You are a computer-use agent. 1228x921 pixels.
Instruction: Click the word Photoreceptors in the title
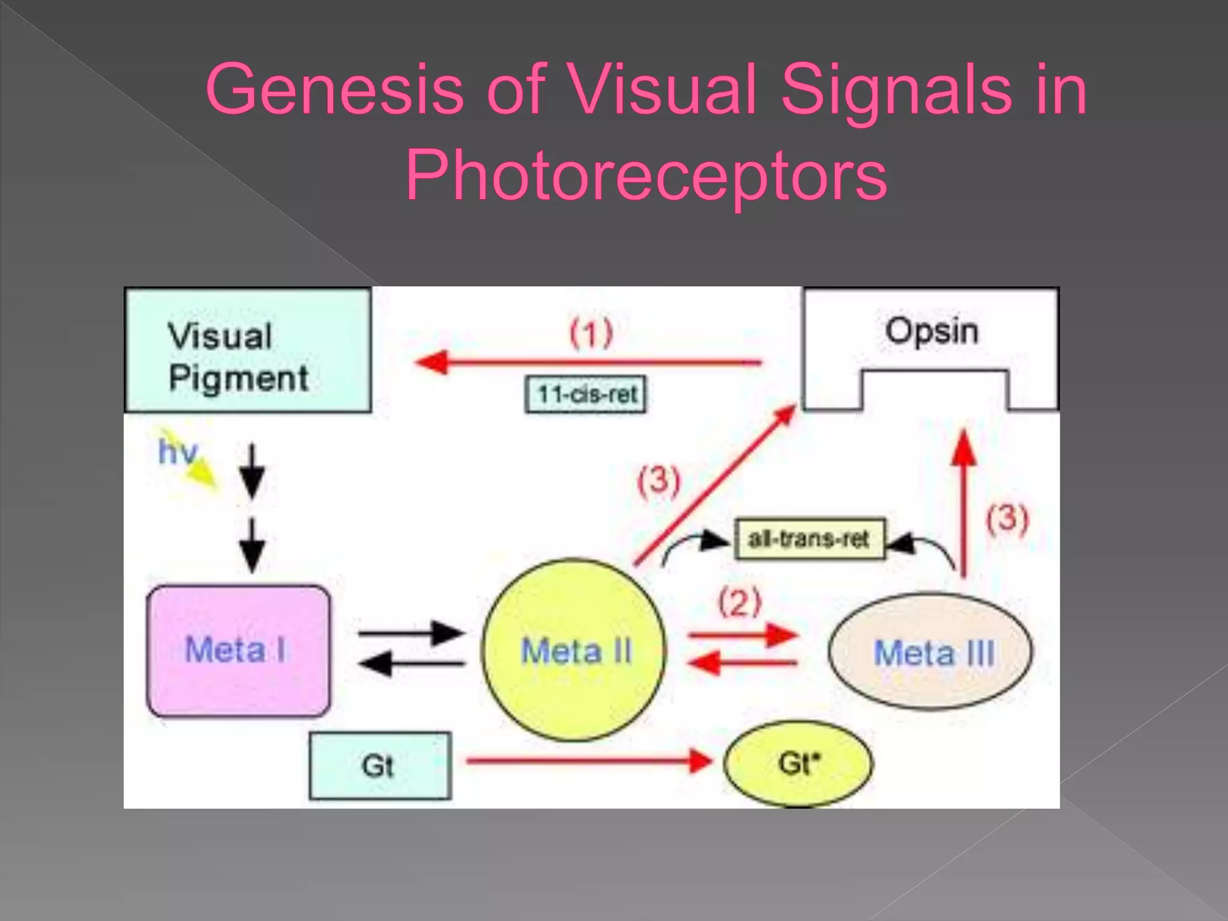pos(646,175)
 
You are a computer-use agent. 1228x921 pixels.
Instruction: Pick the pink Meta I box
pos(238,651)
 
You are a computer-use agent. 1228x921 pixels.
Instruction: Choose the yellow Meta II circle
pos(574,651)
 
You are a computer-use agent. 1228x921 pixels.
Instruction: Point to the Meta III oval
pos(931,652)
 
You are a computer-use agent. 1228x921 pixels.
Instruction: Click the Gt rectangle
pos(380,766)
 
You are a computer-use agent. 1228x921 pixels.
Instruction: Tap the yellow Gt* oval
pos(798,764)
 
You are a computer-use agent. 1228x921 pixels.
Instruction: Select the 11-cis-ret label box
pos(586,395)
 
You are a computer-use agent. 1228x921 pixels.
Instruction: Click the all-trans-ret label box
pos(809,539)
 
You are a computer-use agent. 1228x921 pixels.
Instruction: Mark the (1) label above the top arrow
pos(591,333)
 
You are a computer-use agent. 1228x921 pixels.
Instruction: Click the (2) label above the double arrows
pos(740,603)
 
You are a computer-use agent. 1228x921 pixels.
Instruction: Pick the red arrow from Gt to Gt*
pos(588,762)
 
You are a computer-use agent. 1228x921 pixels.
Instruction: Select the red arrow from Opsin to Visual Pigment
pos(588,363)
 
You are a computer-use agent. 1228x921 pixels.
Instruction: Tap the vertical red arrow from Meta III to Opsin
pos(964,504)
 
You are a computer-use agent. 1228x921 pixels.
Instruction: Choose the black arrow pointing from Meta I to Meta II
pos(411,633)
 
